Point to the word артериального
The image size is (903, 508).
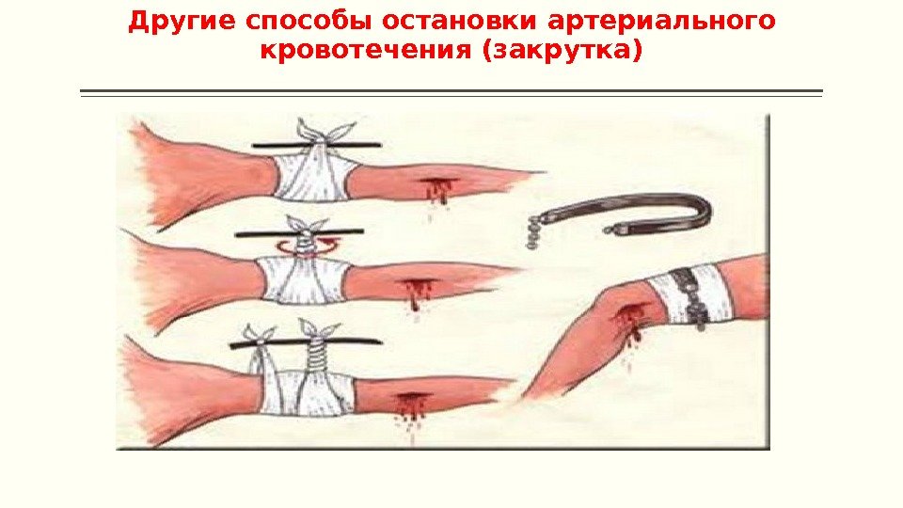(661, 22)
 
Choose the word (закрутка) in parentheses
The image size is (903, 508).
(562, 50)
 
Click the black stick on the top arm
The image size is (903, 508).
(317, 145)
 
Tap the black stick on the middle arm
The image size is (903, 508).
(299, 233)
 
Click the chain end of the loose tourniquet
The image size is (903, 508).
(534, 231)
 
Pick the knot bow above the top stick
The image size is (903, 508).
(324, 131)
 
